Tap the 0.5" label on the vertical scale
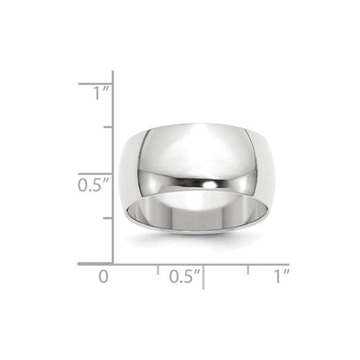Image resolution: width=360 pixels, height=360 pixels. pos(91,184)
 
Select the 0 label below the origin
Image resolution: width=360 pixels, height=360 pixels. pos(104,277)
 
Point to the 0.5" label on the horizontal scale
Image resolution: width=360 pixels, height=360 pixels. pos(184,277)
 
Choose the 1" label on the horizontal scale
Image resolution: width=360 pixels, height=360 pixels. pos(280,277)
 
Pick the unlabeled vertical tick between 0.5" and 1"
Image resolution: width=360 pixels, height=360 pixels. pos(106,128)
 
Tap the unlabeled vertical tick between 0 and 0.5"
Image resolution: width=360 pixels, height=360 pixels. pos(106,218)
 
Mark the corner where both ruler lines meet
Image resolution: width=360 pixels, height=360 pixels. pos(113,262)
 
